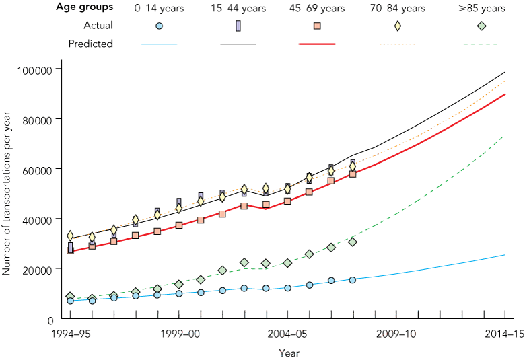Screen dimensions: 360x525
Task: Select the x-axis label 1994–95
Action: [70, 333]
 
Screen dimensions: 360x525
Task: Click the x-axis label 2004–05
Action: [288, 333]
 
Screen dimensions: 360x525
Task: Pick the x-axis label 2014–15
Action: [505, 333]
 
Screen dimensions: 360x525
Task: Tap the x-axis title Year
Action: [289, 352]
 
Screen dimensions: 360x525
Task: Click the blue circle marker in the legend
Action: [159, 26]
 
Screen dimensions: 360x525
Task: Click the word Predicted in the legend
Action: [91, 44]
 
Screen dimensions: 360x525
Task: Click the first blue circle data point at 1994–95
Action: [70, 301]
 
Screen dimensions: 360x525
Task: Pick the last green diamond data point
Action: [353, 242]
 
